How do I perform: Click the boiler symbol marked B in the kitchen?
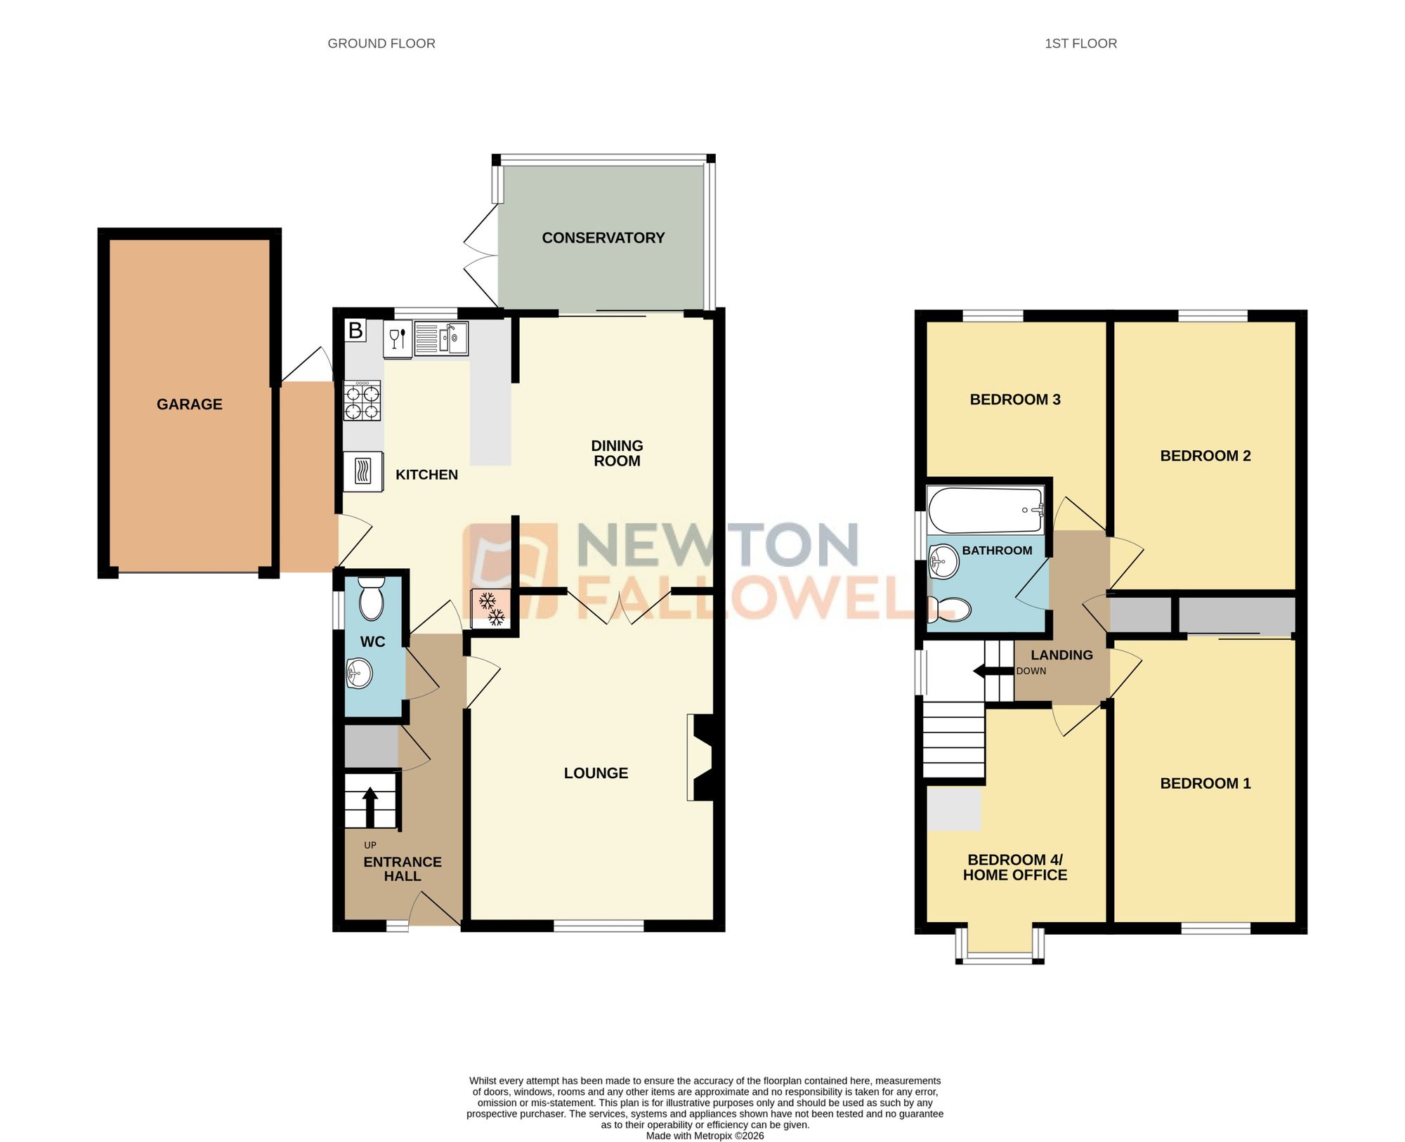tap(355, 330)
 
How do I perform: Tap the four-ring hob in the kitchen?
tap(362, 401)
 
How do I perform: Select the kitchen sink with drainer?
tap(441, 339)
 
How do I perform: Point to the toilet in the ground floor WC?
tap(371, 598)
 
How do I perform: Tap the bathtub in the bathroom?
tap(986, 511)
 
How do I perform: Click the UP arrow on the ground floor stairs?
tap(370, 805)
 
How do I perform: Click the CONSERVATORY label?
tap(603, 238)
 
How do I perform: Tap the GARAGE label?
tap(189, 405)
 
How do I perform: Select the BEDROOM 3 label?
tap(1014, 400)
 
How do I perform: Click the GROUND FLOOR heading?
tap(381, 44)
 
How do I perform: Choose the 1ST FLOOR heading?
tap(1080, 44)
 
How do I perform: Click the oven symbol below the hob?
tap(363, 471)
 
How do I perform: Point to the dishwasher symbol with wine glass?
tap(398, 339)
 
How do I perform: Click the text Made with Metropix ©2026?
tap(705, 1136)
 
